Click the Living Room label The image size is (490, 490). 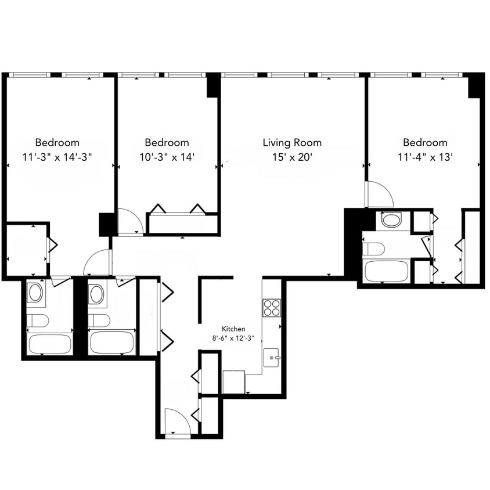(x=292, y=142)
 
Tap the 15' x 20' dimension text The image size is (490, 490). (x=292, y=156)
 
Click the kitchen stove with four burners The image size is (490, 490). (x=271, y=307)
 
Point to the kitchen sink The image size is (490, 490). (x=271, y=355)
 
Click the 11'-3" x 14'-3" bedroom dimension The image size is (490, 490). (x=57, y=156)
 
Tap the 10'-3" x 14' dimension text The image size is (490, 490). (x=167, y=156)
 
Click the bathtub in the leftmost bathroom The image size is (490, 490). (x=49, y=344)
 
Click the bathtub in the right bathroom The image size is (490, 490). (x=386, y=271)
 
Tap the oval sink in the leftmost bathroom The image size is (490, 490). (x=35, y=293)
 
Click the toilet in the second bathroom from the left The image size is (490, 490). (x=99, y=320)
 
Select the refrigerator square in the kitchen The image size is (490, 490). (x=234, y=381)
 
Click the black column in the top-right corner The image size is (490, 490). (x=476, y=85)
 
